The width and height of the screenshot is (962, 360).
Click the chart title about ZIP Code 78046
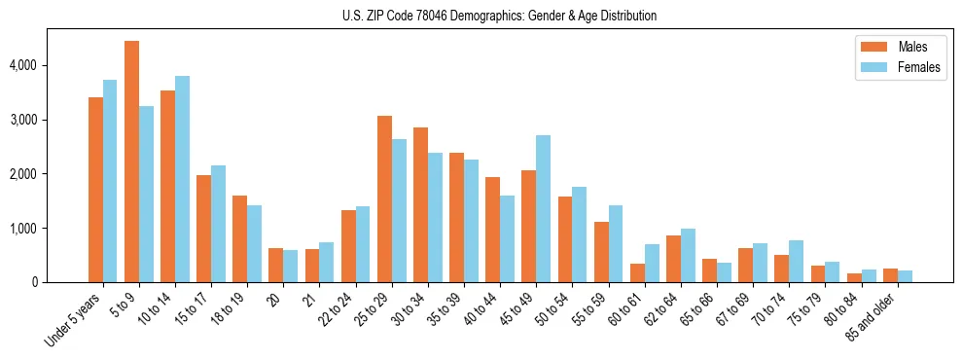(499, 16)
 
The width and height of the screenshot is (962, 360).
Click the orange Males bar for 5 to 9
(131, 162)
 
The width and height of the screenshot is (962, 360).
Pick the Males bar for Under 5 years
(95, 190)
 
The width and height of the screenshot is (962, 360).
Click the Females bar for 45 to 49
(543, 208)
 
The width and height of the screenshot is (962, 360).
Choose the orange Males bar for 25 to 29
(384, 198)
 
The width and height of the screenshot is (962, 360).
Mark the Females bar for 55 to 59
(615, 243)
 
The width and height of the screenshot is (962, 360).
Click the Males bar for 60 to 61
(637, 272)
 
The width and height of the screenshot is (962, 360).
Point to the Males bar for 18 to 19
(239, 238)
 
